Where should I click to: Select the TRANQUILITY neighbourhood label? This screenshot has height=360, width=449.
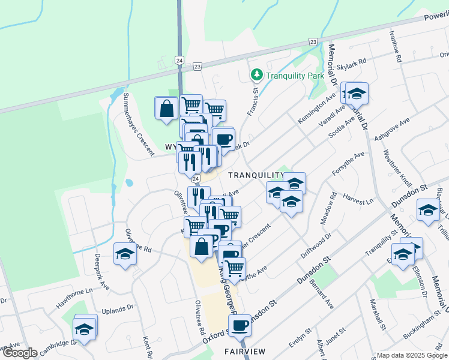click(255, 174)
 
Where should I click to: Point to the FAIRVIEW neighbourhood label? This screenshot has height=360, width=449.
click(245, 351)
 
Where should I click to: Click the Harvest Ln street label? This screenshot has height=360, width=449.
click(358, 196)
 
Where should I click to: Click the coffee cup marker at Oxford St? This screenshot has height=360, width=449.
click(239, 326)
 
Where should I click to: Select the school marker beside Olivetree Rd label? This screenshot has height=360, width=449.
click(125, 254)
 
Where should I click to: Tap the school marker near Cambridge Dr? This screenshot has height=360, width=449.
click(85, 329)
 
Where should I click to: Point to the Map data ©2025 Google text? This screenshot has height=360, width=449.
click(411, 355)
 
